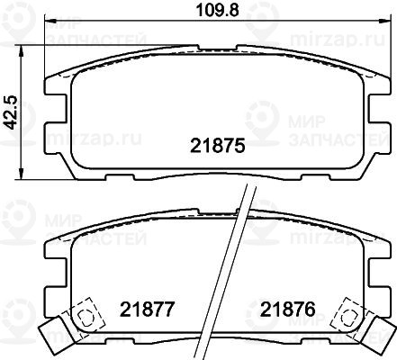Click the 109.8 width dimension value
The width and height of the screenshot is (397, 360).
pyautogui.click(x=217, y=11)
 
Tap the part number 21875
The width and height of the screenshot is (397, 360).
pyautogui.click(x=218, y=146)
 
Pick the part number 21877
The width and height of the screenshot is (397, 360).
pyautogui.click(x=147, y=309)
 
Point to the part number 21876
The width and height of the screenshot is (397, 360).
pyautogui.click(x=288, y=309)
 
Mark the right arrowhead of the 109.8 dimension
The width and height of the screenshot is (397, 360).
pyautogui.click(x=384, y=21)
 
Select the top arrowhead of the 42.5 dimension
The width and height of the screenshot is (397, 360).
pyautogui.click(x=21, y=51)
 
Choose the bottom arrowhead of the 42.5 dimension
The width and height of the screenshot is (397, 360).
pyautogui.click(x=21, y=174)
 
